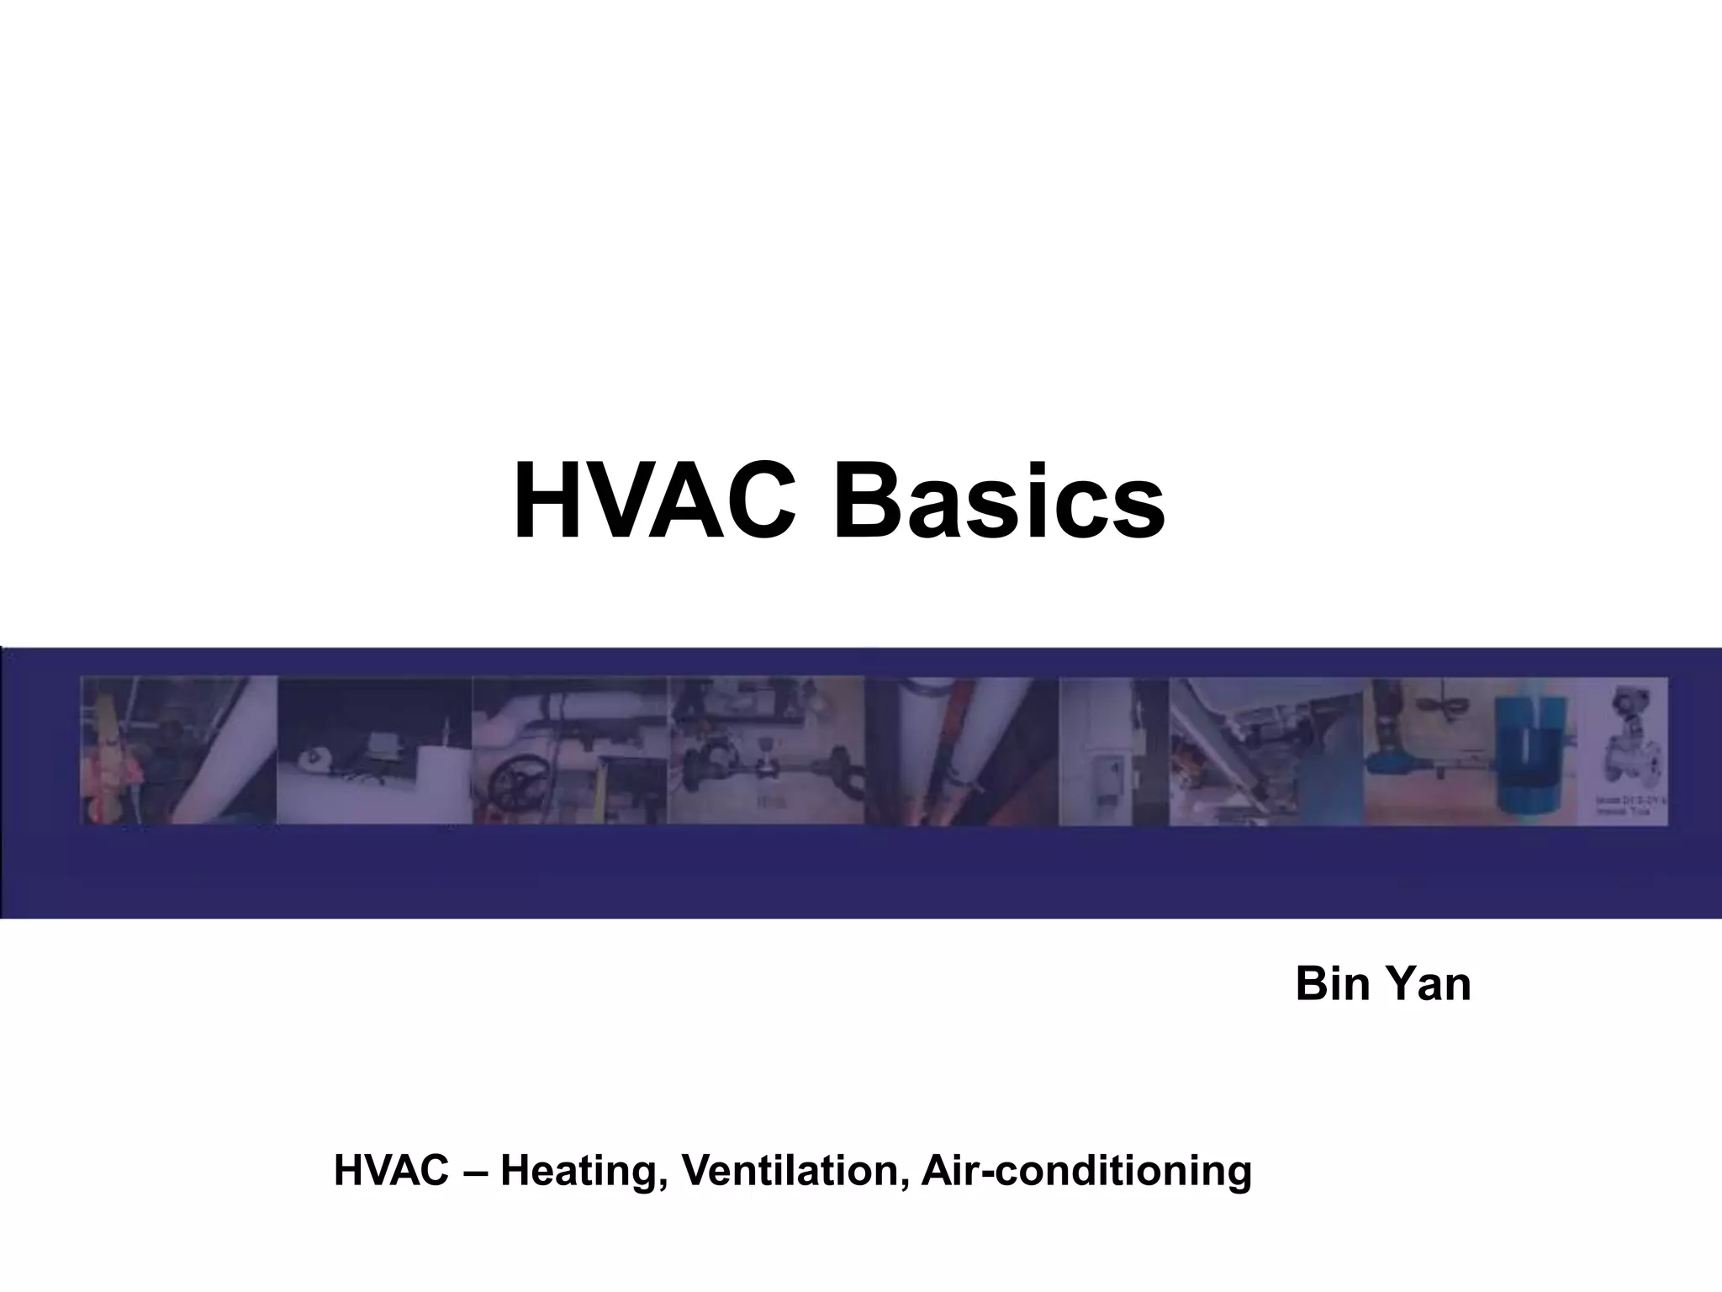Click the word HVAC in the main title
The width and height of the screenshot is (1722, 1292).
click(x=654, y=502)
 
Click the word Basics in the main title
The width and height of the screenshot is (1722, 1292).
click(x=998, y=502)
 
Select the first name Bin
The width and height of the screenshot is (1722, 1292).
click(x=1328, y=984)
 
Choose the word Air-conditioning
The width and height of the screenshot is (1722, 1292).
click(x=1086, y=1171)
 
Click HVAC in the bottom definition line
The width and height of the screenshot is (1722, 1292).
click(x=391, y=1171)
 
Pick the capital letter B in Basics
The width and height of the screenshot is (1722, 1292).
click(x=866, y=502)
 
